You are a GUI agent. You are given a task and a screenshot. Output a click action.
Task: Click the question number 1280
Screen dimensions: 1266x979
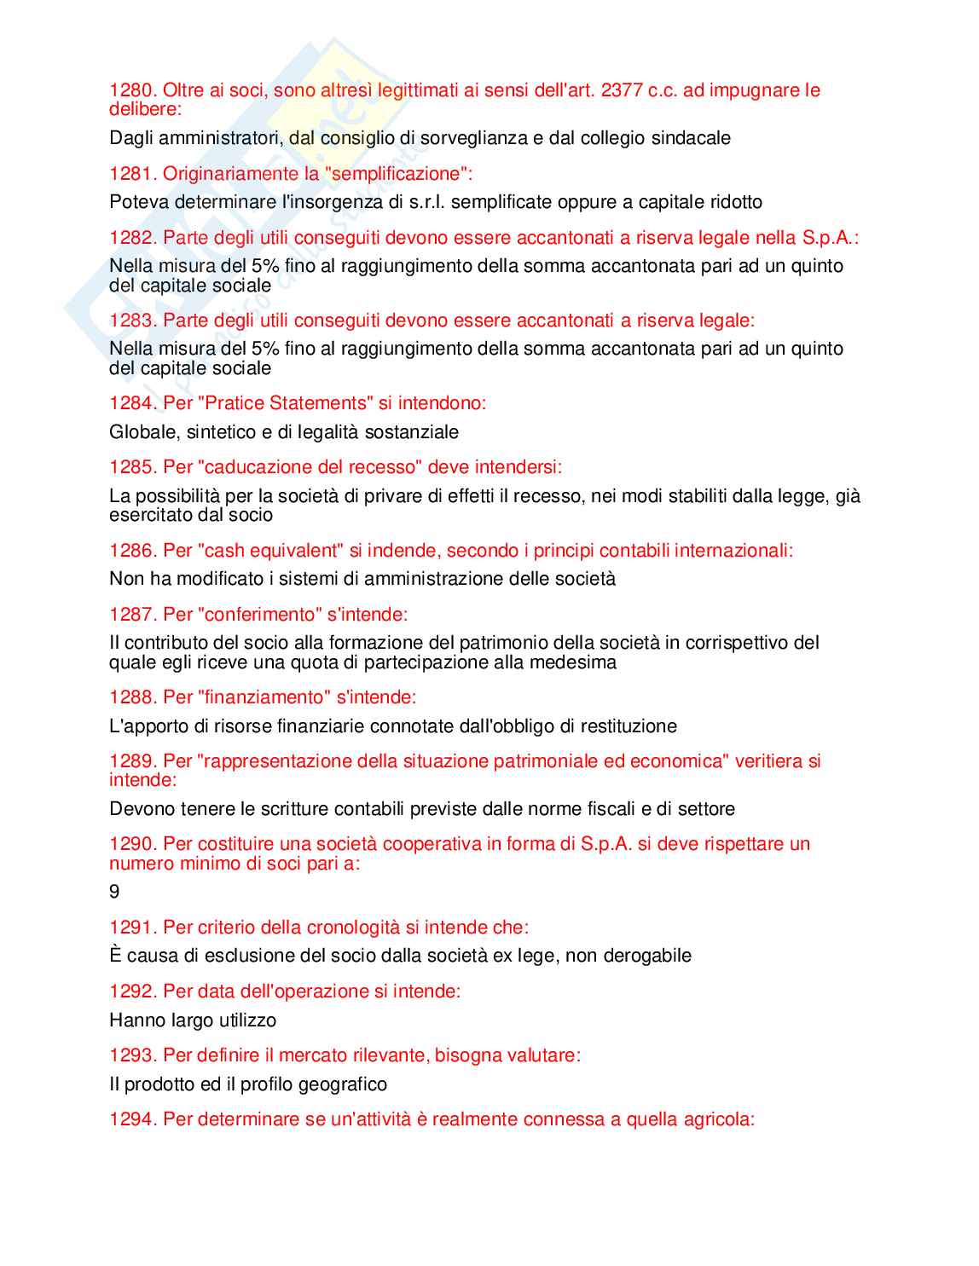point(132,90)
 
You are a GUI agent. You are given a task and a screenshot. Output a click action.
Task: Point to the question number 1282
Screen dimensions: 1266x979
point(132,238)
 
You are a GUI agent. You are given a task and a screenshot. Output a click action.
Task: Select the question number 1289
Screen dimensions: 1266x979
point(132,761)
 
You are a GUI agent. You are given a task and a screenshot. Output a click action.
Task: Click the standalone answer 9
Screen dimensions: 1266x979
point(114,892)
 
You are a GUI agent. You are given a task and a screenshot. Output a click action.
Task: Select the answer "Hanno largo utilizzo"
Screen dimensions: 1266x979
point(193,1020)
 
